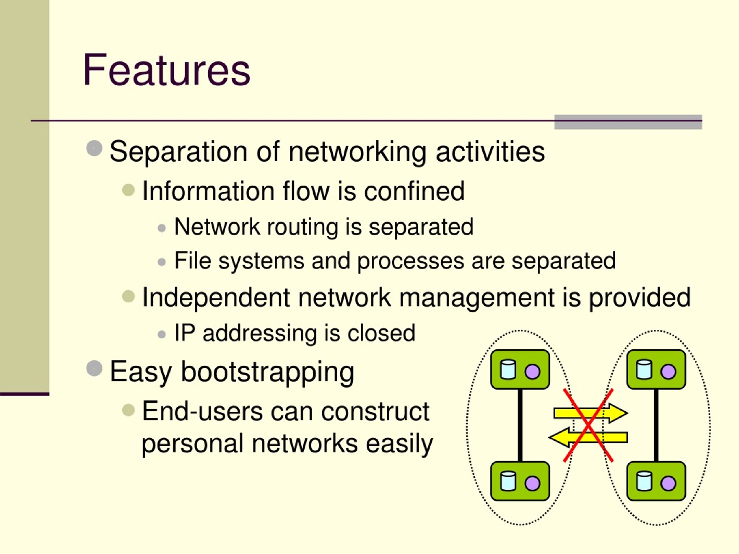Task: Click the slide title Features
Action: pyautogui.click(x=166, y=70)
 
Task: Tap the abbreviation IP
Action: pyautogui.click(x=185, y=333)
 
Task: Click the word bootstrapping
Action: pyautogui.click(x=267, y=372)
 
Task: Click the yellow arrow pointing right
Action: pyautogui.click(x=591, y=413)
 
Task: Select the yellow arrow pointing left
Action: pyautogui.click(x=588, y=437)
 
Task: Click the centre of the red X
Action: pyautogui.click(x=588, y=425)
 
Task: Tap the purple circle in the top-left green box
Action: pyautogui.click(x=532, y=372)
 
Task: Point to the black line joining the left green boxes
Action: pyautogui.click(x=520, y=425)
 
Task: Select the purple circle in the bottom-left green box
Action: pyautogui.click(x=532, y=483)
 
